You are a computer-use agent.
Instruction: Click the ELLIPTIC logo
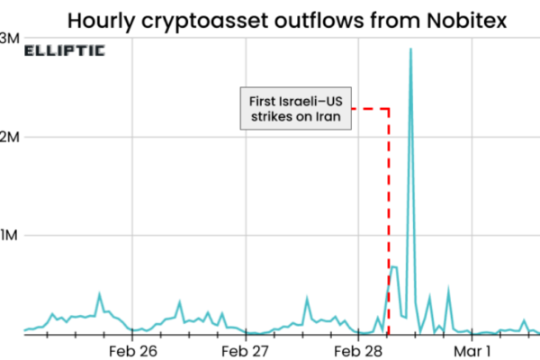[x=64, y=51]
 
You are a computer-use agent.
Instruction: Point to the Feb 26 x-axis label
[x=132, y=348]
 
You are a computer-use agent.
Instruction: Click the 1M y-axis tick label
[x=9, y=236]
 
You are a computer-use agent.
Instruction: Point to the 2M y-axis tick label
[x=9, y=137]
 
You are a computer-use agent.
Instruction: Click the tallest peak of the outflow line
[x=411, y=50]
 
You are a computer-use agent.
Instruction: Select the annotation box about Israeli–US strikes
[x=295, y=109]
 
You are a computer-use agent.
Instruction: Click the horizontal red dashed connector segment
[x=370, y=109]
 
